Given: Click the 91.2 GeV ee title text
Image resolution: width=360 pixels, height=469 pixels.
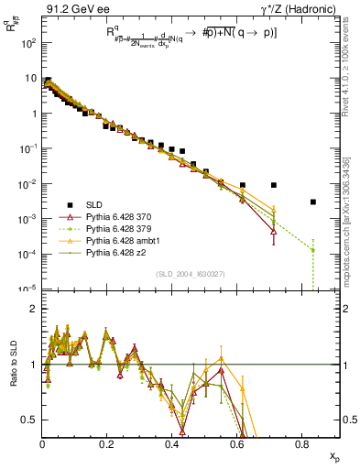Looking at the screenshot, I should pyautogui.click(x=72, y=9).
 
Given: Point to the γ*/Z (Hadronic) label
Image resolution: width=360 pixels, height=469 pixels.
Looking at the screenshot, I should pyautogui.click(x=301, y=9).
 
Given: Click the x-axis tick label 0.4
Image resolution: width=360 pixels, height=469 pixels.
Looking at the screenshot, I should pyautogui.click(x=171, y=444).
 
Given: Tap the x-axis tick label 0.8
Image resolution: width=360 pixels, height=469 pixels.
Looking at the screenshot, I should pyautogui.click(x=301, y=444).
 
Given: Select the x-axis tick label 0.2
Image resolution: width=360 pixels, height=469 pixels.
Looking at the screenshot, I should pyautogui.click(x=106, y=444).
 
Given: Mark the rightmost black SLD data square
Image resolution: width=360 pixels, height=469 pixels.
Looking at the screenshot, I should pyautogui.click(x=313, y=202).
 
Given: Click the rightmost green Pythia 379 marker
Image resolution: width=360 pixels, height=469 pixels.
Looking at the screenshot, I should pyautogui.click(x=313, y=249).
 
